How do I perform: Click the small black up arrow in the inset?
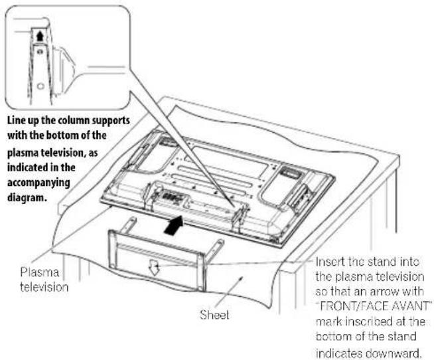(40, 35)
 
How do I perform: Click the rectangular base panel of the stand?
(157, 256)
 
